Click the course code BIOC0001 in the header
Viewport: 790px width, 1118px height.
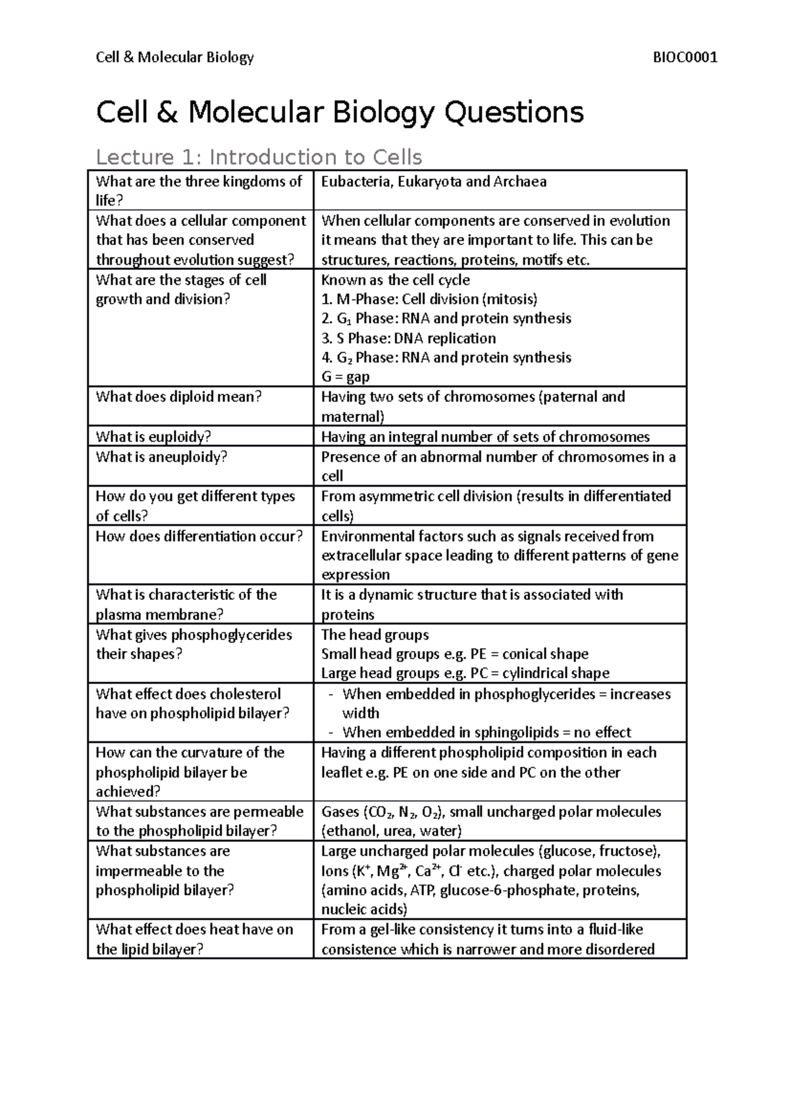pyautogui.click(x=684, y=57)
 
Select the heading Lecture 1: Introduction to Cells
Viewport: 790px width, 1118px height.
pyautogui.click(x=259, y=157)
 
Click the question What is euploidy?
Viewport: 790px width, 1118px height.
pyautogui.click(x=153, y=437)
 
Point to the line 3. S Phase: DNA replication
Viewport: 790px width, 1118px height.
pyautogui.click(x=408, y=338)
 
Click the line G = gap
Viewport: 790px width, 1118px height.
pyautogui.click(x=345, y=377)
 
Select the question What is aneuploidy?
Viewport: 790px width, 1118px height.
pyautogui.click(x=161, y=457)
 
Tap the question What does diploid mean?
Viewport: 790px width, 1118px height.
pyautogui.click(x=179, y=397)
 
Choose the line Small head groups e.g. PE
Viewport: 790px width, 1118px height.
pyautogui.click(x=454, y=654)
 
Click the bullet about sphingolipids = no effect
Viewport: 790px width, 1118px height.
pyautogui.click(x=486, y=733)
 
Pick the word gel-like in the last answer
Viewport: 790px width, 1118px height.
pyautogui.click(x=388, y=930)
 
